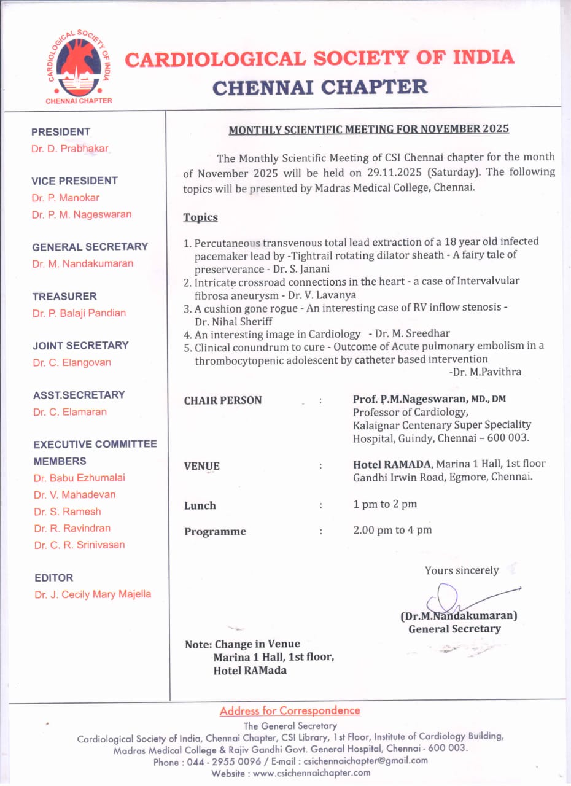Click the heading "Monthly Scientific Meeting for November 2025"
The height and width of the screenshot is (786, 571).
(368, 130)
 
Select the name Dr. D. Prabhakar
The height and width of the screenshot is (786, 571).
(69, 149)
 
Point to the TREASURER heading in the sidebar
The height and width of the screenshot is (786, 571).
(64, 296)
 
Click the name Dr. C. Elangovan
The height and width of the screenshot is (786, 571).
(72, 362)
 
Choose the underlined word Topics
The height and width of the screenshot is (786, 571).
(200, 217)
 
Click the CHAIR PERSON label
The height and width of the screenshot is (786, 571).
(223, 400)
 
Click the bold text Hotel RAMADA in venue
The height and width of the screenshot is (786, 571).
(392, 464)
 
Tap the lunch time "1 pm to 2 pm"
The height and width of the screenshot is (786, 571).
(385, 504)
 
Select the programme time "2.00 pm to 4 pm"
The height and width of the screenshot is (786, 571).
(392, 530)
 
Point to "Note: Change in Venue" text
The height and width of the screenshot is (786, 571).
(243, 644)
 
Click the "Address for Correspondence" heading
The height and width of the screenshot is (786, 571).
(290, 710)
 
